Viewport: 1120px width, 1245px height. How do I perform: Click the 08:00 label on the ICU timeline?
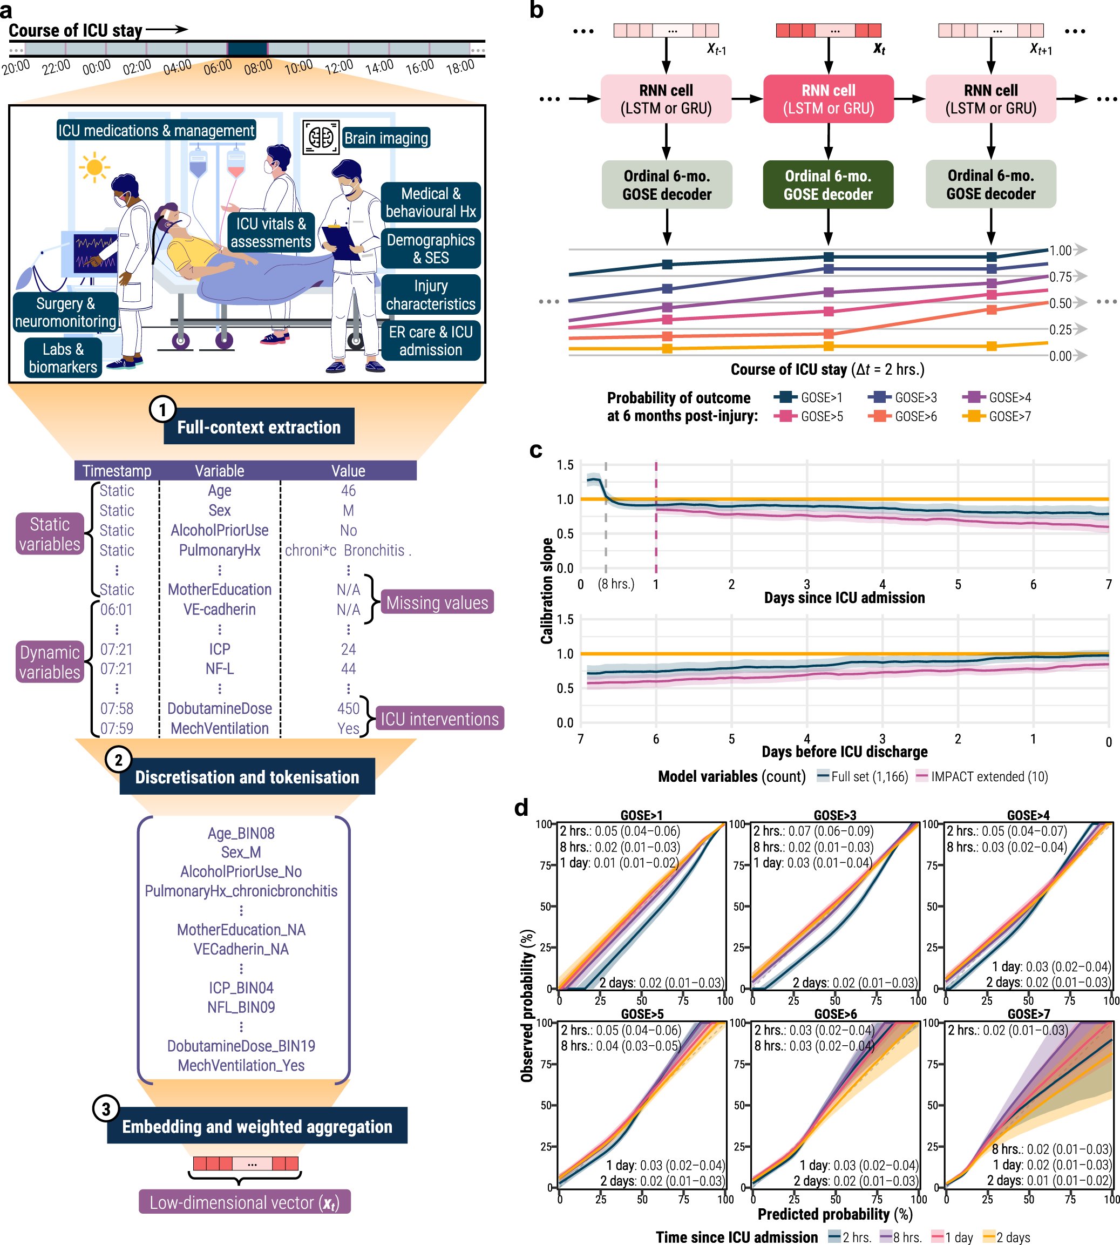(258, 66)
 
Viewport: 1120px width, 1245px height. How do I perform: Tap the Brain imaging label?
(385, 138)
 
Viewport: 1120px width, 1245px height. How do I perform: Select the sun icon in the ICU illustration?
(94, 167)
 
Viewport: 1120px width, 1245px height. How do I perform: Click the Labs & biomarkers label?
(63, 357)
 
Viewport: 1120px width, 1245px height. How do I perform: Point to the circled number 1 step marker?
(162, 409)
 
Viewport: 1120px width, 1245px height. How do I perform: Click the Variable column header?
(219, 471)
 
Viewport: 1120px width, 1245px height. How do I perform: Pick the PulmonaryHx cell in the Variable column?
(219, 550)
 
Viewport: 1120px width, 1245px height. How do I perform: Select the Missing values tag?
(437, 603)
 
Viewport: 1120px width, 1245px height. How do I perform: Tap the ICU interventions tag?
(439, 719)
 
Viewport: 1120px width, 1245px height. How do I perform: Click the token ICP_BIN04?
(241, 988)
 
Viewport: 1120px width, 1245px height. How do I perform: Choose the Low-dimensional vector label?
(245, 1202)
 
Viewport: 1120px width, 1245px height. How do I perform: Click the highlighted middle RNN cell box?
(829, 99)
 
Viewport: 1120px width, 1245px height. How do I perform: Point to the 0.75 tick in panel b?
(1060, 277)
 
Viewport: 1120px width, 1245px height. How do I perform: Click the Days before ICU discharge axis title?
(844, 752)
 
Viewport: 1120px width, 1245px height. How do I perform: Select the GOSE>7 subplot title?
(1028, 1013)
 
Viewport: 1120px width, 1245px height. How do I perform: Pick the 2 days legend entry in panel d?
(1007, 1237)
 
